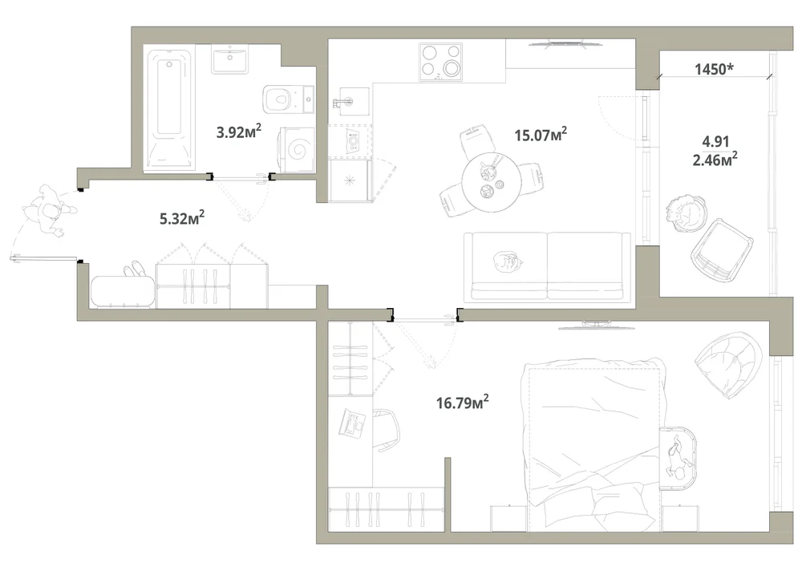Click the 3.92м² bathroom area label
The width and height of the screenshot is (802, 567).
coord(239,132)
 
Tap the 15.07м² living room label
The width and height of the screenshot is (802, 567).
coord(541,135)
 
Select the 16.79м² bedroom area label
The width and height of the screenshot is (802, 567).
coord(463,402)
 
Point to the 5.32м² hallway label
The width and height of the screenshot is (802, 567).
coord(183,218)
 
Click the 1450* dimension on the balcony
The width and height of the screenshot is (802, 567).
coord(714,69)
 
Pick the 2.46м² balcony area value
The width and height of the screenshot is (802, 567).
coord(715,160)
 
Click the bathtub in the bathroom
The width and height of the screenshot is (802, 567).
coord(169,109)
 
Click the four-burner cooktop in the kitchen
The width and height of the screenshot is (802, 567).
coord(441,62)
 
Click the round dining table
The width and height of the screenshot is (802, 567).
coord(492,183)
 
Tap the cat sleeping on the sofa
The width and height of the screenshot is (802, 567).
coord(507,261)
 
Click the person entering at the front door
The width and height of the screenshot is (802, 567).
coord(50,211)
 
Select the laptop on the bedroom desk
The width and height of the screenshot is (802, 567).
coord(352,423)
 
